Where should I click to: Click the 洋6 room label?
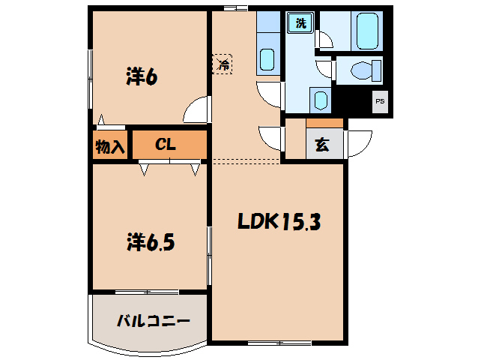(x=141, y=77)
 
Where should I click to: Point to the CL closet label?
(x=166, y=145)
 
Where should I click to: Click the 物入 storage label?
(x=110, y=145)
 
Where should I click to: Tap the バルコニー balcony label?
(x=153, y=321)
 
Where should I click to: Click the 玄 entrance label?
(x=321, y=145)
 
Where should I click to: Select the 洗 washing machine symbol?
(x=300, y=24)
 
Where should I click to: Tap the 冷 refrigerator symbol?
(x=223, y=64)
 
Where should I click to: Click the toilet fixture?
(x=364, y=71)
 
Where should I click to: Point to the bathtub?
(x=367, y=30)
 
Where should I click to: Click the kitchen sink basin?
(x=267, y=58)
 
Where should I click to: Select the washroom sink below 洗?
(x=318, y=100)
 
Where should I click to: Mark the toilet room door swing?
(x=324, y=69)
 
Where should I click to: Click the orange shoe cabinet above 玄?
(x=324, y=123)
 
